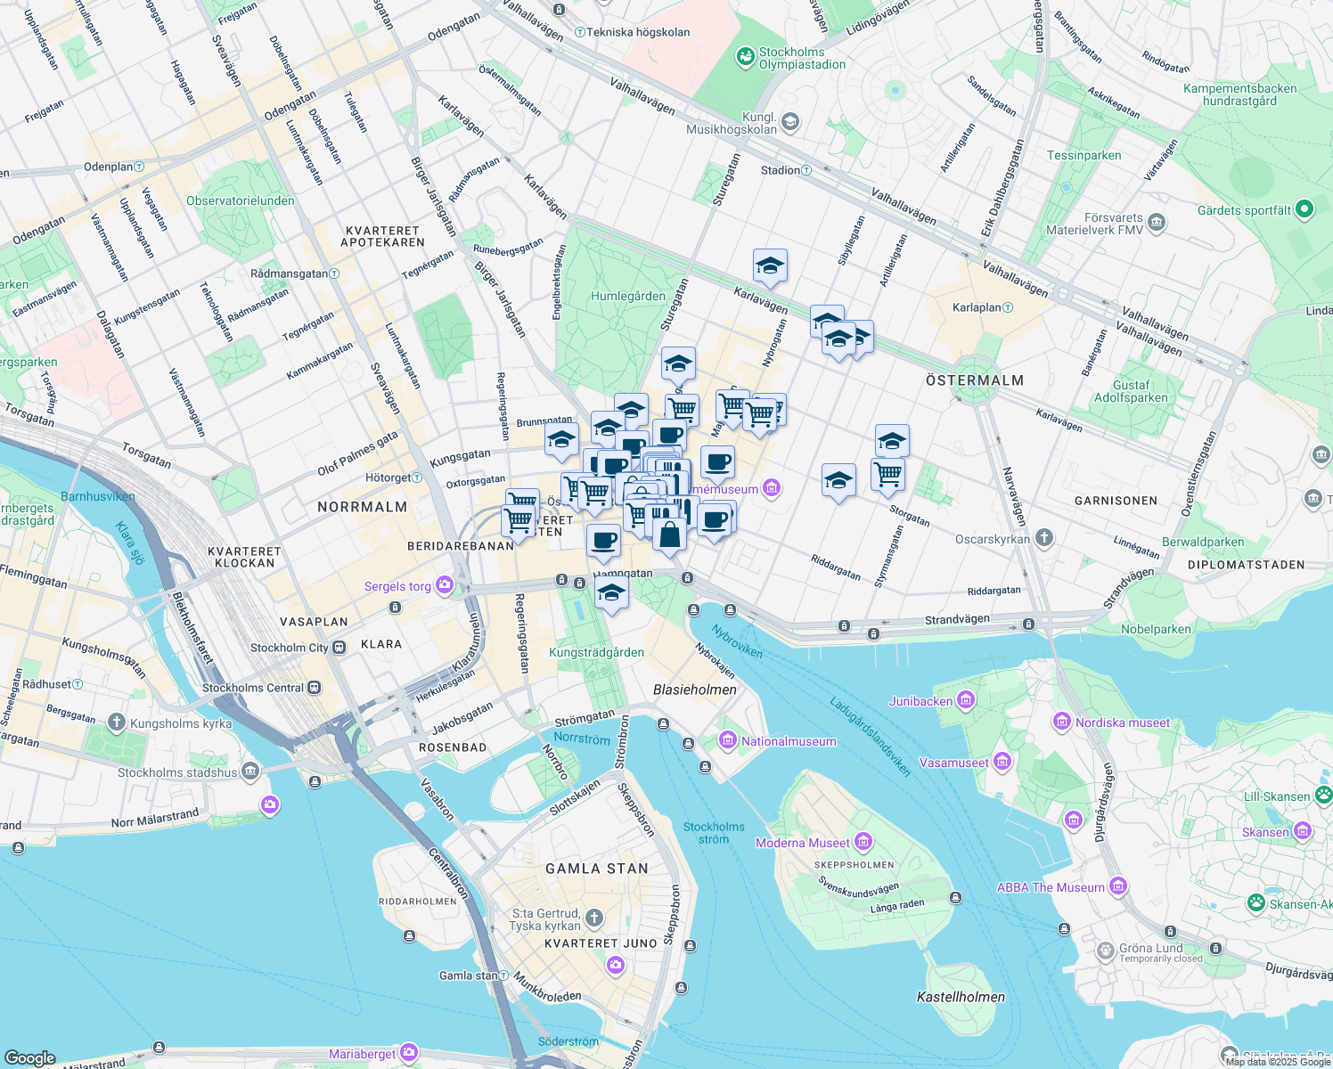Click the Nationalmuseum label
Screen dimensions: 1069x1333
(789, 741)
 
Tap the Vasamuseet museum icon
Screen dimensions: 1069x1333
(1002, 762)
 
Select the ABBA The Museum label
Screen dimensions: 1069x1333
(1051, 887)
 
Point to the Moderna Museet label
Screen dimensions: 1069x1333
(802, 843)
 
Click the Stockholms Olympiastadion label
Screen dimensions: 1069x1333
(802, 58)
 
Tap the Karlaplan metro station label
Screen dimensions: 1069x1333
(977, 307)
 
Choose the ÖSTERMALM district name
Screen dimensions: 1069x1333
(975, 380)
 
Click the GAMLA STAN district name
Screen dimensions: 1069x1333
(597, 869)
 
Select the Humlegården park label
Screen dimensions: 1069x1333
(628, 296)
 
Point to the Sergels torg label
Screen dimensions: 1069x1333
(397, 586)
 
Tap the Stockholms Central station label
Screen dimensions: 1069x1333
(253, 688)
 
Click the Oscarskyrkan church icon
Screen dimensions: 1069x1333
(1044, 538)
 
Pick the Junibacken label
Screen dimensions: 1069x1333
(920, 701)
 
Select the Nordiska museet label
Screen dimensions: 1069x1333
(1122, 722)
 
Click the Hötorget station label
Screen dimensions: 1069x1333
(388, 477)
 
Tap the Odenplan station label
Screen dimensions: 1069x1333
(108, 167)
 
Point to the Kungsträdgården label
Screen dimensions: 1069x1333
(596, 652)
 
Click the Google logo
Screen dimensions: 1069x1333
(29, 1057)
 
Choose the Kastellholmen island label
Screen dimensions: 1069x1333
(961, 997)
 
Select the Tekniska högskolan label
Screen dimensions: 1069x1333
(638, 32)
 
